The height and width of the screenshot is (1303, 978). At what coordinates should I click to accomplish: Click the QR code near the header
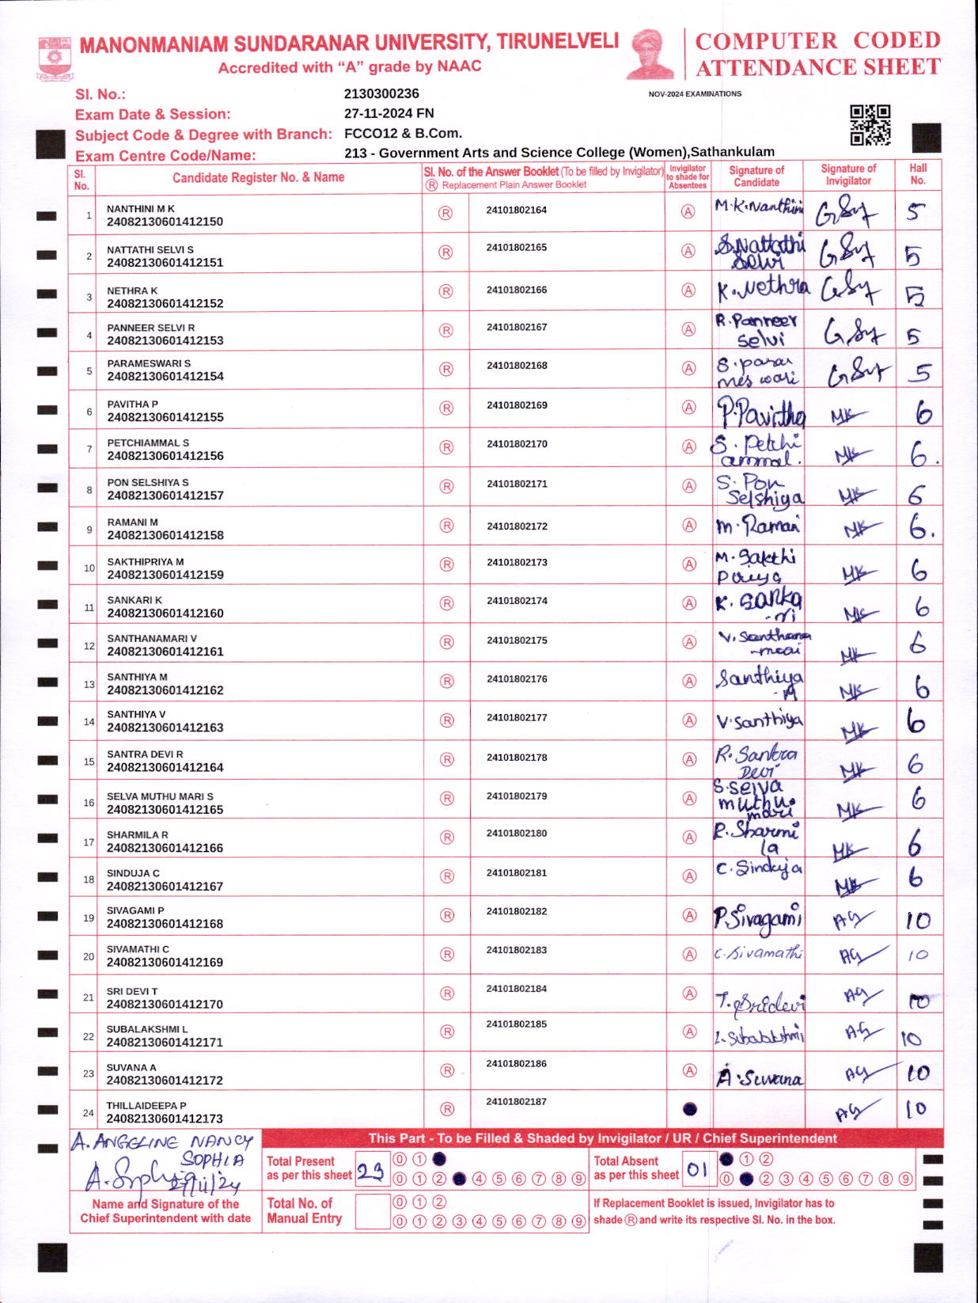870,125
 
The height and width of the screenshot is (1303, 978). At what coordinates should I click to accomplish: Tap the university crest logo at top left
55,58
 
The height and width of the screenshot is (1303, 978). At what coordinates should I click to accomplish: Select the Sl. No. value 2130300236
381,93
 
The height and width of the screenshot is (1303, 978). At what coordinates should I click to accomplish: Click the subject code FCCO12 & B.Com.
403,133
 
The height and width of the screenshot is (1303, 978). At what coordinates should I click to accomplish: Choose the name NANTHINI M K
141,209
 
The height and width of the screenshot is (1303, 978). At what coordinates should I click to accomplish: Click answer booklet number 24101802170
517,444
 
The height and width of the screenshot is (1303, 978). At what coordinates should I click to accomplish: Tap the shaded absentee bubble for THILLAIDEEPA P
689,1109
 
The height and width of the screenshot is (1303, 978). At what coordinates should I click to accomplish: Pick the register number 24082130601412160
165,613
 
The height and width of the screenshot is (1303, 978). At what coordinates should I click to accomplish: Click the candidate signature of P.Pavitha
760,412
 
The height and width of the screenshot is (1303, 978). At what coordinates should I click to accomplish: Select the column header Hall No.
918,174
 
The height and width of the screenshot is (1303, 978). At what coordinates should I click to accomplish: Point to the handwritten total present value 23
370,1171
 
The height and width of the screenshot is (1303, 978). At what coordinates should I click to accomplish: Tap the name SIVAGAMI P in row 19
135,910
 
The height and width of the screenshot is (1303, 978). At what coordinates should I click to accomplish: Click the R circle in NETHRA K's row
445,291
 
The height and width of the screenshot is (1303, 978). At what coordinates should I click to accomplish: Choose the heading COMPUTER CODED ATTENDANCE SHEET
817,54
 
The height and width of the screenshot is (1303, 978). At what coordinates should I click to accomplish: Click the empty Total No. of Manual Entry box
372,1211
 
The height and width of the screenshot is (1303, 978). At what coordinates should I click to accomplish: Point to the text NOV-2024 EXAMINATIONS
695,93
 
